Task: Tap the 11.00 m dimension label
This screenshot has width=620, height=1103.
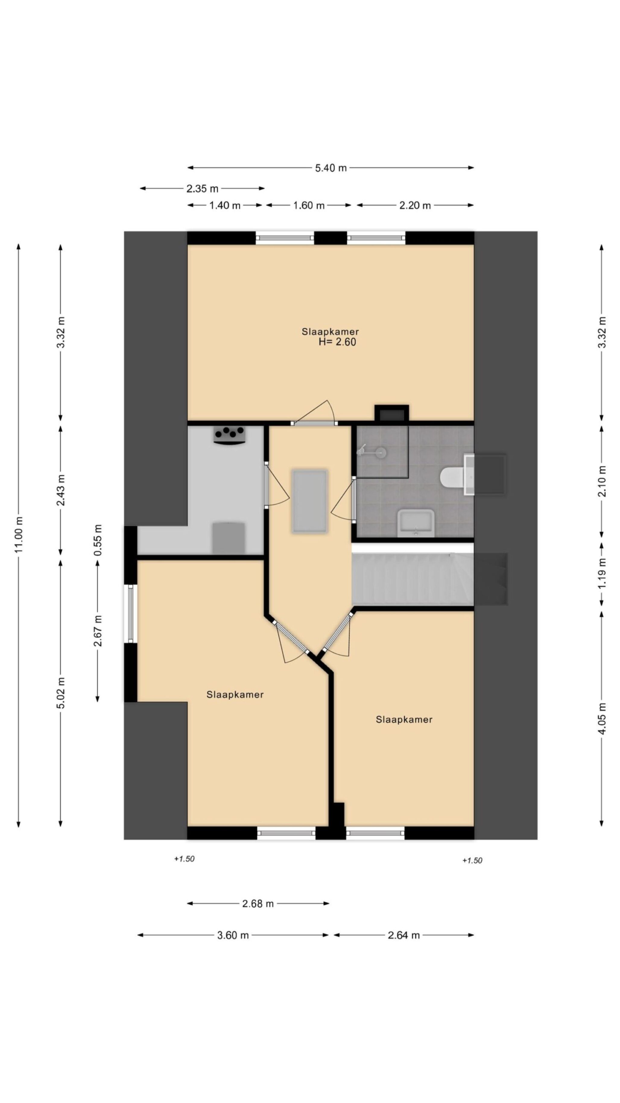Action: pyautogui.click(x=19, y=534)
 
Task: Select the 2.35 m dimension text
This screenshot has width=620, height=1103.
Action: pyautogui.click(x=202, y=188)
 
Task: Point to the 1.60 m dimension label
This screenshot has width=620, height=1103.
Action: pyautogui.click(x=308, y=206)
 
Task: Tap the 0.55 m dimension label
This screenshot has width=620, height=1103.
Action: pyautogui.click(x=98, y=540)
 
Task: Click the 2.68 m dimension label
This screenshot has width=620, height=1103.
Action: pyautogui.click(x=258, y=904)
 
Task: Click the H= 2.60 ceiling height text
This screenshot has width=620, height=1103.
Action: pyautogui.click(x=337, y=342)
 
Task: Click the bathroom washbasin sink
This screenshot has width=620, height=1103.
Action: pyautogui.click(x=416, y=523)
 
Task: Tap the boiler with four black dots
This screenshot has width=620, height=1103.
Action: pyautogui.click(x=230, y=435)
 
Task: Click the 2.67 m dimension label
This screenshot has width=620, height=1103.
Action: pyautogui.click(x=98, y=630)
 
